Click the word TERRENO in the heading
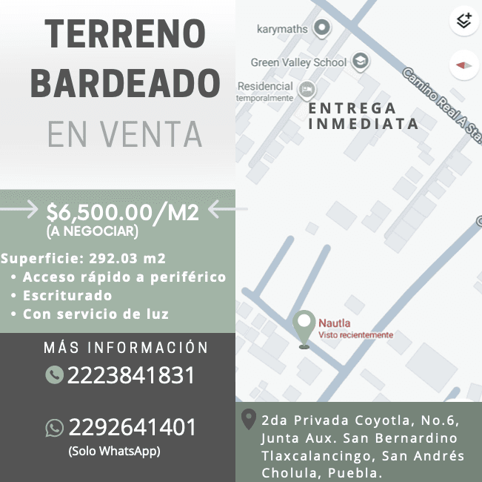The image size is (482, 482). click(x=124, y=35)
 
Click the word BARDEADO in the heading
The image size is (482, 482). click(x=124, y=84)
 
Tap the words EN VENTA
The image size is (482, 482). click(x=124, y=133)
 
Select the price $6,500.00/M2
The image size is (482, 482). click(x=122, y=213)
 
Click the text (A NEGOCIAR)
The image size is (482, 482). click(x=92, y=232)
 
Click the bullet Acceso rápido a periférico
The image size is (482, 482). click(x=124, y=277)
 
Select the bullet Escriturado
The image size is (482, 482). click(x=67, y=295)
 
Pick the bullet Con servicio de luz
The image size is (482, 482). click(x=96, y=314)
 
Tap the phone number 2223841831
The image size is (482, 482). click(x=131, y=375)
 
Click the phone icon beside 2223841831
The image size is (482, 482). click(x=54, y=374)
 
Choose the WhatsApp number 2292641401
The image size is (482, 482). click(x=133, y=428)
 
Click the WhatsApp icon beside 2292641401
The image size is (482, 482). click(x=54, y=428)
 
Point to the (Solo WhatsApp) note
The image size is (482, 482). click(x=114, y=451)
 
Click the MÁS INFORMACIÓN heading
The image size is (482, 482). click(x=126, y=348)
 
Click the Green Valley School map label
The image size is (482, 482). click(x=298, y=62)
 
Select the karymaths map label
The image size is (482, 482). click(x=282, y=30)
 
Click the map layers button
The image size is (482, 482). click(x=463, y=21)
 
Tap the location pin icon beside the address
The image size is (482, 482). click(x=250, y=420)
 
